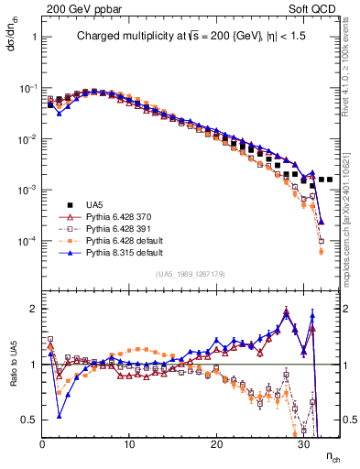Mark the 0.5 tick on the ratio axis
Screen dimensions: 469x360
coord(28,420)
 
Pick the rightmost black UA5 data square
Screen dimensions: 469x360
coord(330,180)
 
